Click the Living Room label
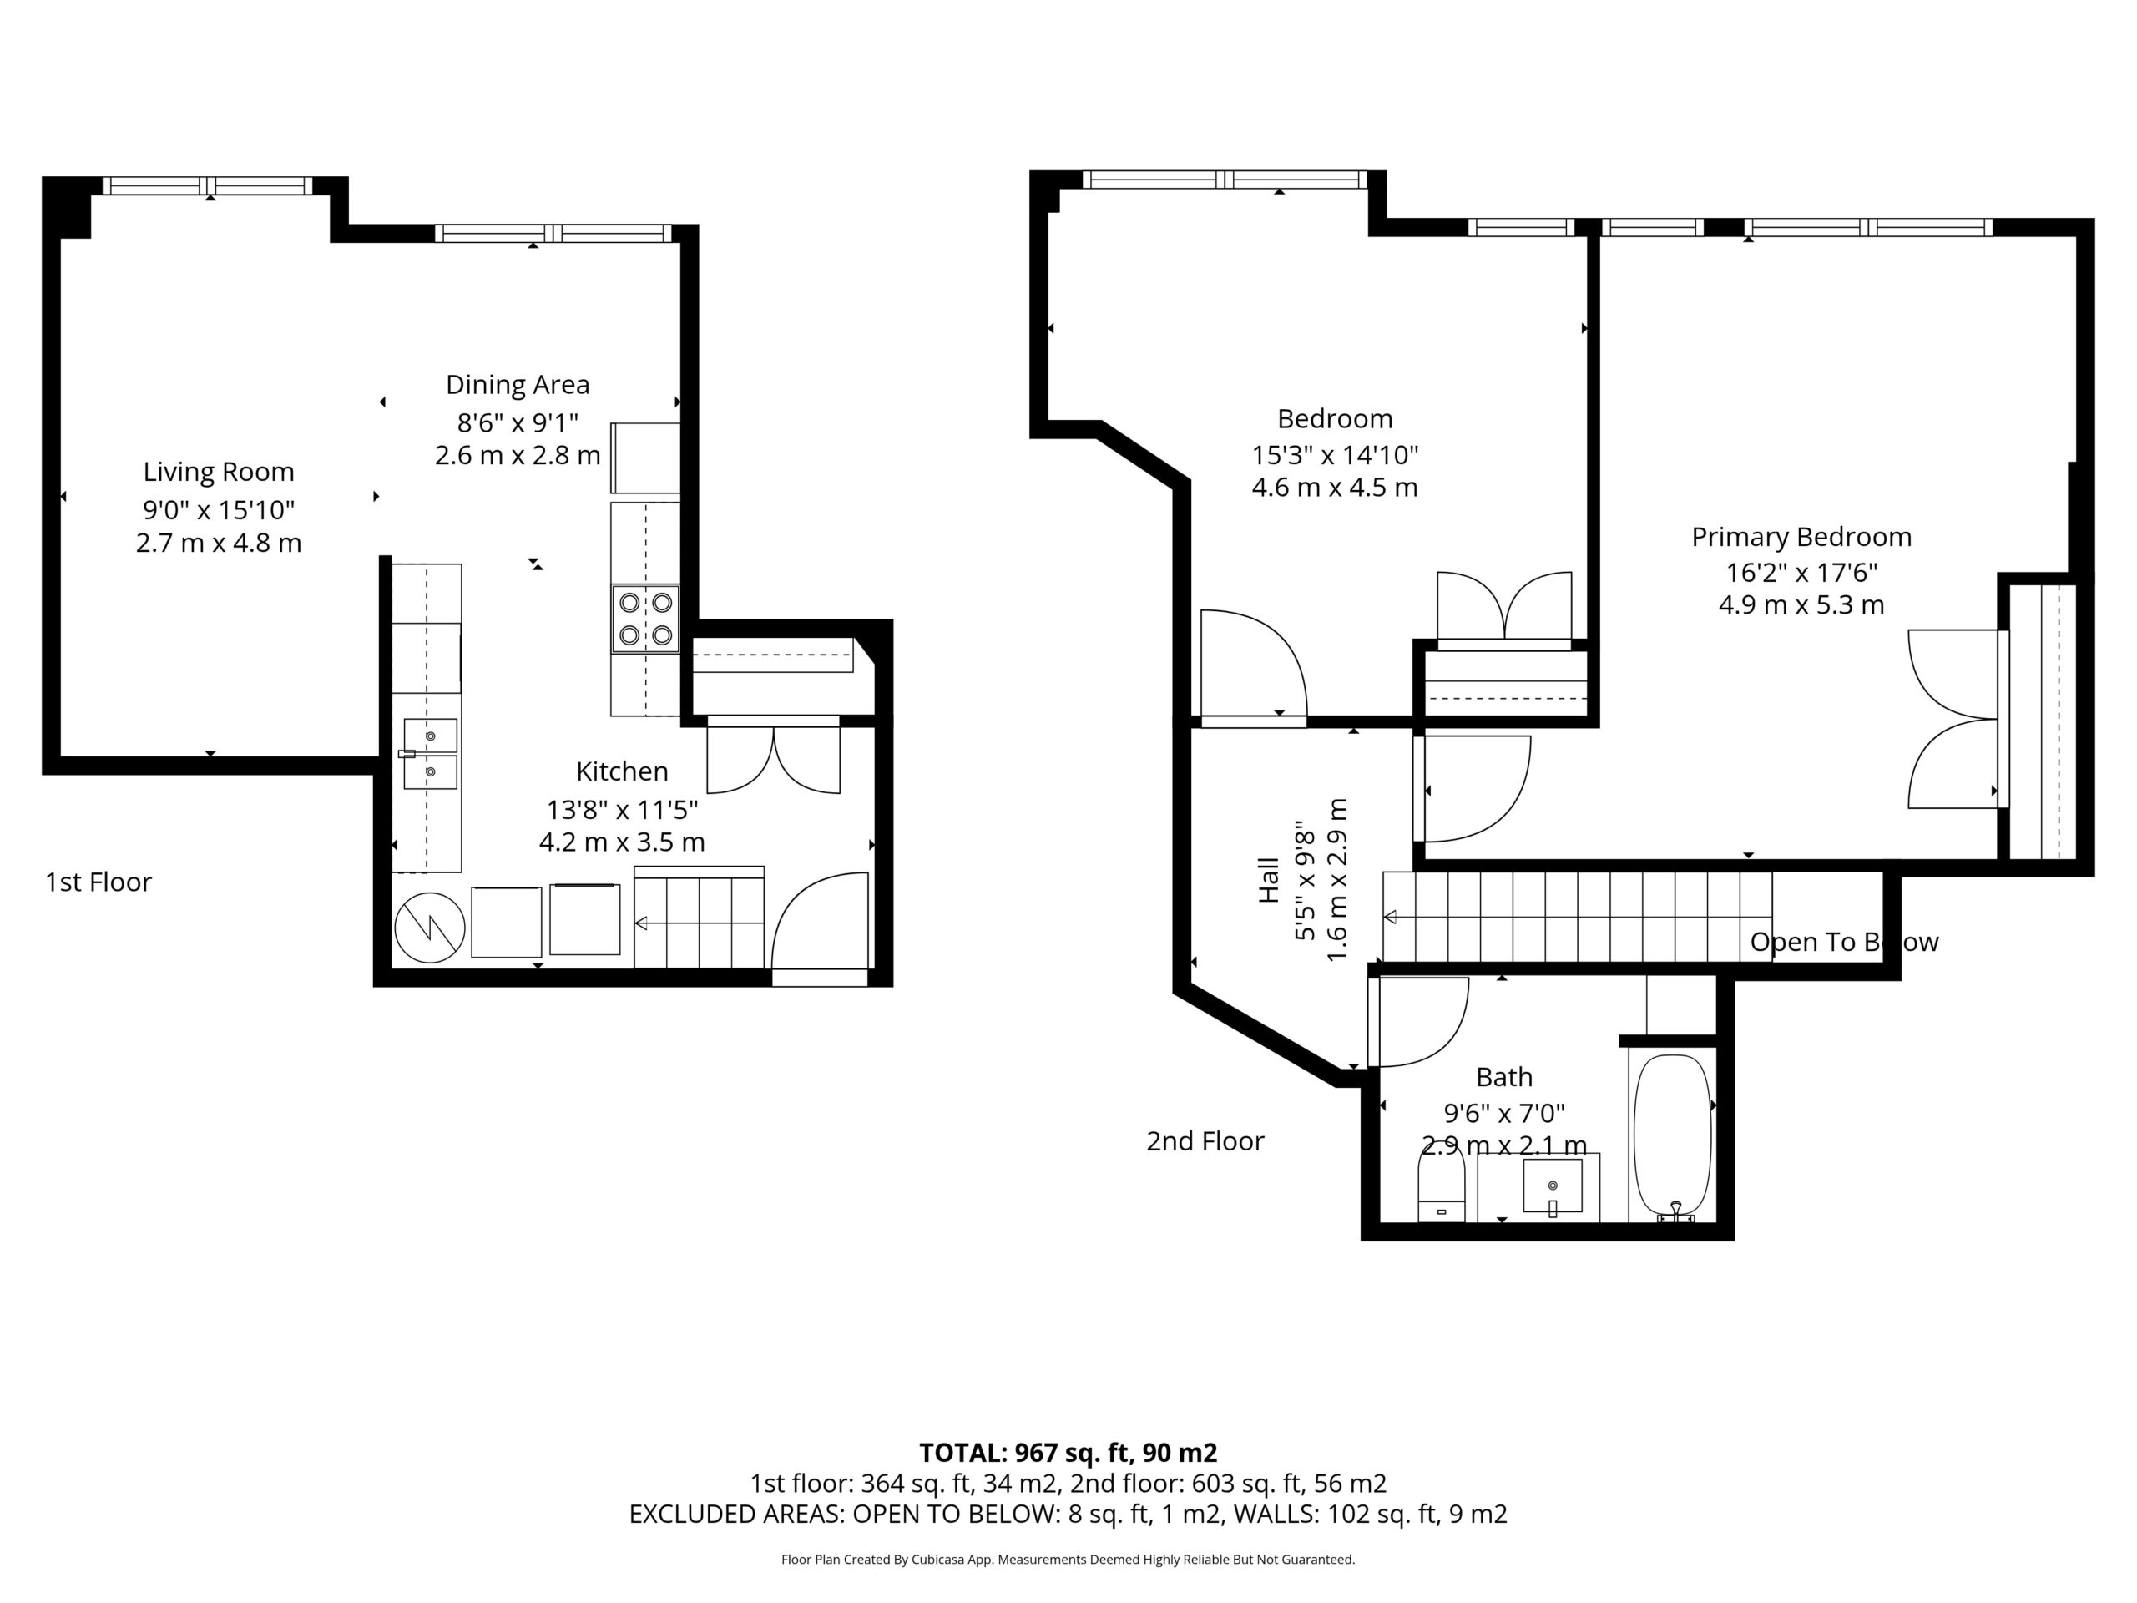(x=219, y=472)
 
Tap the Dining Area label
(x=517, y=385)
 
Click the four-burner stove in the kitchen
(x=645, y=619)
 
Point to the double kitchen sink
(x=430, y=754)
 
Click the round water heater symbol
(x=430, y=928)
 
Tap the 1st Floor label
(x=99, y=882)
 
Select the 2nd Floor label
(x=1205, y=1141)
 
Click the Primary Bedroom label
(x=1801, y=537)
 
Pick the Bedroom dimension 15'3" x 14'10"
(x=1334, y=454)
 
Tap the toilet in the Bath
(x=1442, y=1190)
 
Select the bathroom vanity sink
(x=1553, y=1186)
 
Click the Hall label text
(x=1269, y=880)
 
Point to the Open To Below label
(x=1844, y=942)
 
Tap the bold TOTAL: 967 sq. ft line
(x=1068, y=1452)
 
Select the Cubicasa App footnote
(x=1068, y=1559)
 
